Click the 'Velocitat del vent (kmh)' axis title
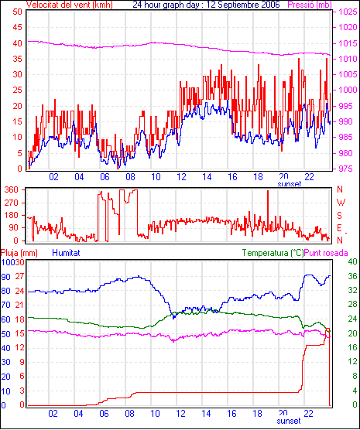70,5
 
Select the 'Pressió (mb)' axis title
310,5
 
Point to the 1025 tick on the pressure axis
348,12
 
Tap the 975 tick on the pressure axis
347,169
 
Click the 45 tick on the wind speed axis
17,27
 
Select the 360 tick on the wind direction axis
12,189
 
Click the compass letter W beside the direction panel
341,203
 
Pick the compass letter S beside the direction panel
340,216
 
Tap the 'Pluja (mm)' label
19,253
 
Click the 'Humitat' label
66,253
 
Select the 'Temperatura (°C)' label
273,253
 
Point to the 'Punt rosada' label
326,253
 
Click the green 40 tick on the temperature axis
352,261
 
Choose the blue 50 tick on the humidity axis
5,334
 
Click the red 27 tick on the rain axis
19,276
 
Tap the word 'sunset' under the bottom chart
289,421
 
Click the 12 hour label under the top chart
181,177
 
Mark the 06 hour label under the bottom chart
104,413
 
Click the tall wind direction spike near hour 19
268,211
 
